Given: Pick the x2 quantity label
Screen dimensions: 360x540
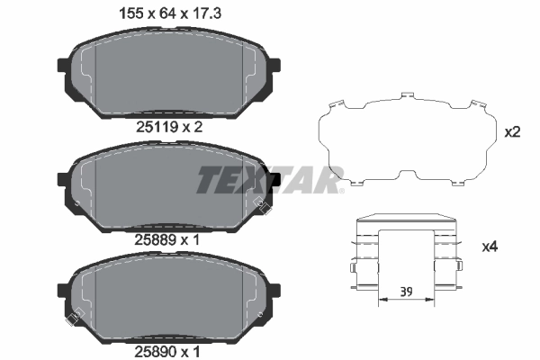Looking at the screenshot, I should click(512, 132).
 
